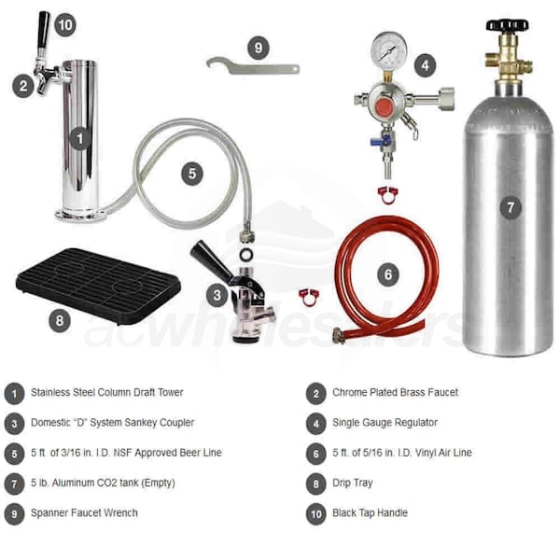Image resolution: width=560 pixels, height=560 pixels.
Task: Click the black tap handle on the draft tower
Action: click(x=43, y=31)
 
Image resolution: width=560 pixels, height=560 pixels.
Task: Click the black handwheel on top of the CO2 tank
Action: click(x=507, y=25)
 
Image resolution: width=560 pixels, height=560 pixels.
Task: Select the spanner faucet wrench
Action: click(x=253, y=66)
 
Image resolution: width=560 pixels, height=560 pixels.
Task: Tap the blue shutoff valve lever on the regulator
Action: click(x=380, y=141)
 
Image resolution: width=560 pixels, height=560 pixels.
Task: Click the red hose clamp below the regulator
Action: click(x=388, y=195)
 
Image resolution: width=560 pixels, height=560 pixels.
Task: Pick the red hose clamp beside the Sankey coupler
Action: click(x=309, y=298)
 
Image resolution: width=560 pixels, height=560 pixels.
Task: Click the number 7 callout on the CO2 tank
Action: click(x=511, y=207)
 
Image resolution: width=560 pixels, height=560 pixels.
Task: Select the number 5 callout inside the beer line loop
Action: click(x=192, y=174)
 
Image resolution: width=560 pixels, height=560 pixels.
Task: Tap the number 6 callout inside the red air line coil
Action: click(x=388, y=274)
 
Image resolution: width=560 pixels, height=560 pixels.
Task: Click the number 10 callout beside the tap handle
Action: click(x=65, y=25)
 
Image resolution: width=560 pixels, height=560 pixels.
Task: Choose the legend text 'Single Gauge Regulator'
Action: click(x=385, y=423)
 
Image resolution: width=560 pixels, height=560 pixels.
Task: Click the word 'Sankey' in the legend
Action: click(x=140, y=423)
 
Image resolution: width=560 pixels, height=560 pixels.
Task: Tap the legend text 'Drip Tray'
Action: click(x=353, y=483)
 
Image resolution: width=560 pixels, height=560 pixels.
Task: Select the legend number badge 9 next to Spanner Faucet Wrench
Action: click(x=14, y=514)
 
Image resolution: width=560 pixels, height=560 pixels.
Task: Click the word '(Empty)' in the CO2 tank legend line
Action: click(x=159, y=483)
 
